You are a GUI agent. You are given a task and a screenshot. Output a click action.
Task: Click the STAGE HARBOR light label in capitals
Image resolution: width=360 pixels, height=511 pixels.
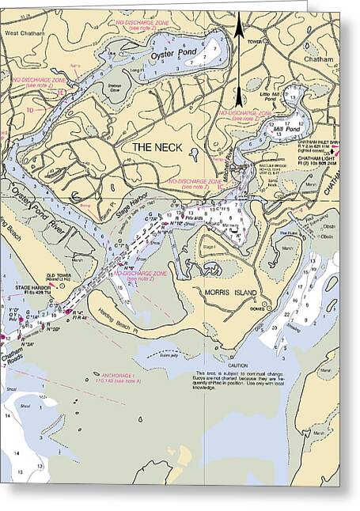[32, 288]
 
